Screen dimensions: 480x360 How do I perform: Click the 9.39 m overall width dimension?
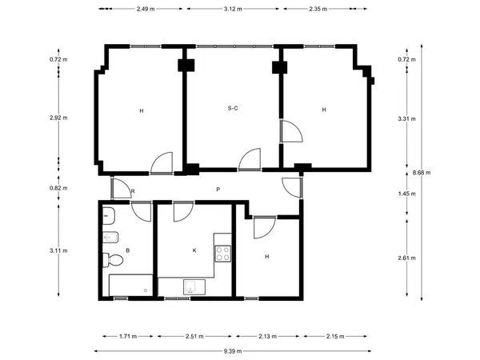(x=233, y=351)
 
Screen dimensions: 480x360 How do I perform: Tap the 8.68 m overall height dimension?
(x=422, y=172)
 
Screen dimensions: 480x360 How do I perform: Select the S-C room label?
(x=233, y=108)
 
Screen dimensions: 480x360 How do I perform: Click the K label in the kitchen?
(x=194, y=250)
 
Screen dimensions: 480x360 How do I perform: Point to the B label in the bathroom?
(x=128, y=250)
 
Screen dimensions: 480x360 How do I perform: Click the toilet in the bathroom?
(x=113, y=260)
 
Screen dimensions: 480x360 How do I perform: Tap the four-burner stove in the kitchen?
(x=223, y=254)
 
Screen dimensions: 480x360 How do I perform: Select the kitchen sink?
(x=194, y=287)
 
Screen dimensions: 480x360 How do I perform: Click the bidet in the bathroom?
(x=110, y=238)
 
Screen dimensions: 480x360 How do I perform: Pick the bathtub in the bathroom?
(x=130, y=286)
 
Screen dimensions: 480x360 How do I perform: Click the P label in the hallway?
(x=218, y=190)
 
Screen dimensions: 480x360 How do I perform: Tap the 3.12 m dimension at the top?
(x=233, y=9)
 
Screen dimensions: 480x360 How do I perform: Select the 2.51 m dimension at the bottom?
(x=194, y=337)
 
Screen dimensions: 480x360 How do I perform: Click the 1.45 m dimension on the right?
(x=407, y=194)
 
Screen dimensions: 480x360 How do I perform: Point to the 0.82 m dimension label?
(x=58, y=188)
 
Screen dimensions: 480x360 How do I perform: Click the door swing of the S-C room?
(x=250, y=159)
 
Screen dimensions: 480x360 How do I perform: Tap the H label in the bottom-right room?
(x=267, y=257)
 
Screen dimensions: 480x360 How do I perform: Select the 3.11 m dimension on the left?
(x=58, y=250)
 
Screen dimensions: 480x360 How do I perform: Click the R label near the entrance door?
(x=133, y=191)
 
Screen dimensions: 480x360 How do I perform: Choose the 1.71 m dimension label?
(x=128, y=337)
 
